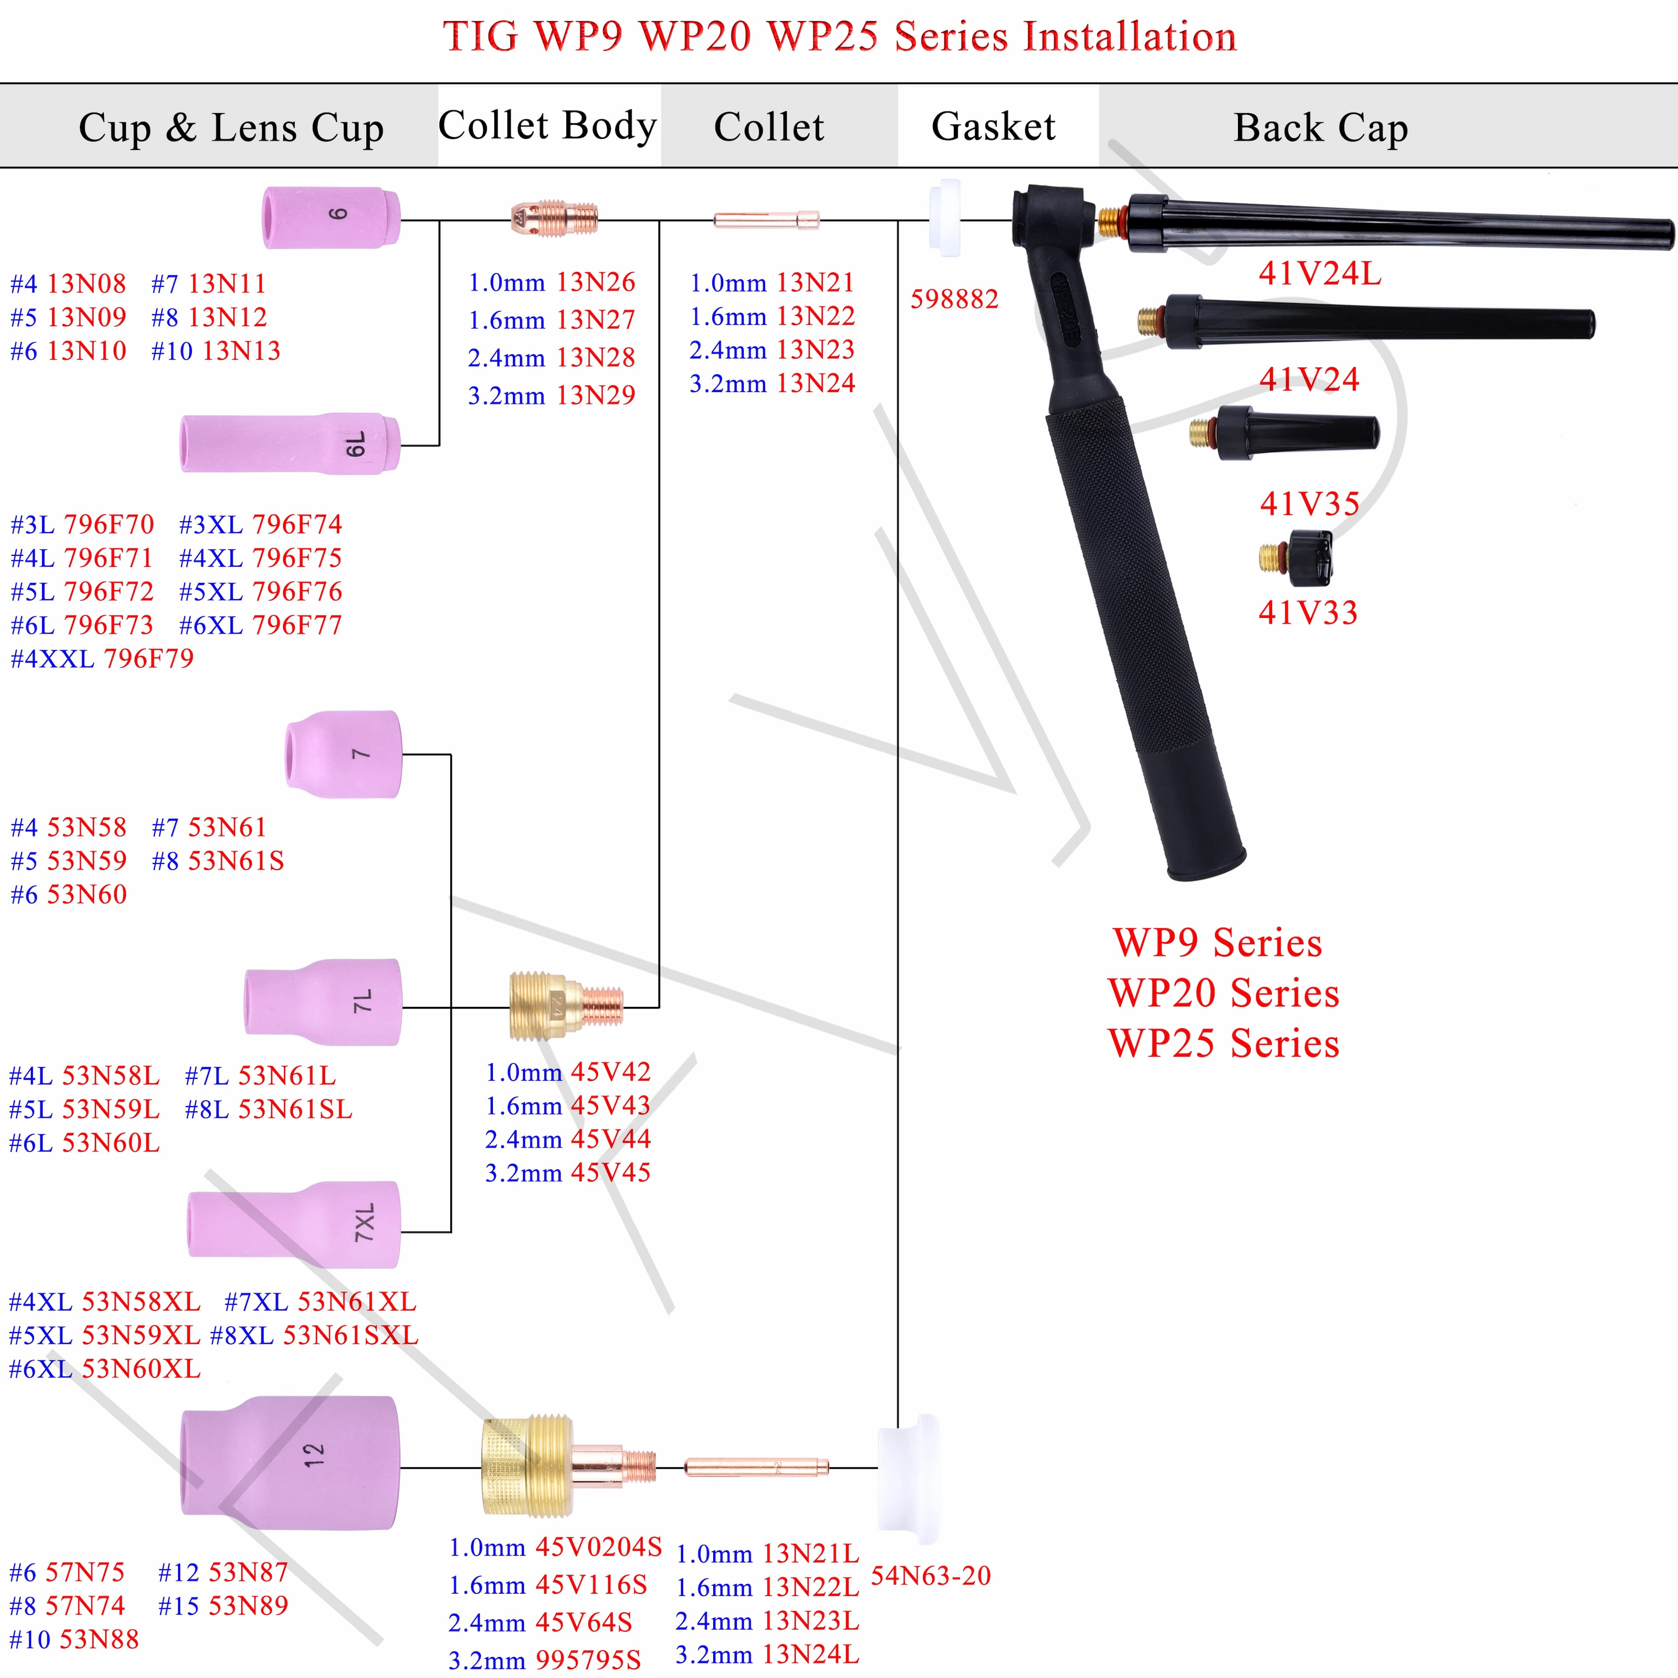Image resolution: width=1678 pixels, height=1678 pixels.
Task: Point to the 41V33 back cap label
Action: click(1308, 612)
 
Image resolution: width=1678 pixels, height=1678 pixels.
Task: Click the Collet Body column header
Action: click(547, 126)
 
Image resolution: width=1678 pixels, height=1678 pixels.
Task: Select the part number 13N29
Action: click(596, 395)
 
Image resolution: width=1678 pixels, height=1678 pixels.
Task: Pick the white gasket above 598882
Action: click(945, 218)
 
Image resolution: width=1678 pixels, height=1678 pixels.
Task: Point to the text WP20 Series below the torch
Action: click(1224, 993)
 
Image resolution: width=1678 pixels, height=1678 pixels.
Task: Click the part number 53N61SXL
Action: click(351, 1335)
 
